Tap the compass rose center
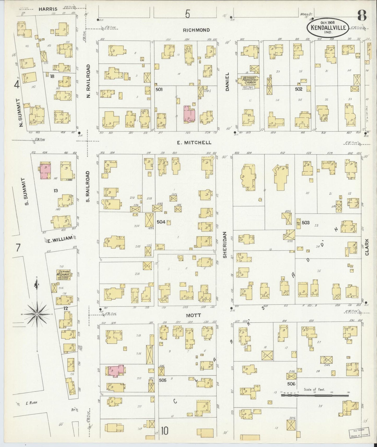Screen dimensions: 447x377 [x=37, y=315]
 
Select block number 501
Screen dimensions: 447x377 [x=159, y=89]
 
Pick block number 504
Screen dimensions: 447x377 [x=161, y=222]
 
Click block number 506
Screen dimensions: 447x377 [x=291, y=384]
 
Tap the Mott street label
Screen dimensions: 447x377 [x=193, y=316]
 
